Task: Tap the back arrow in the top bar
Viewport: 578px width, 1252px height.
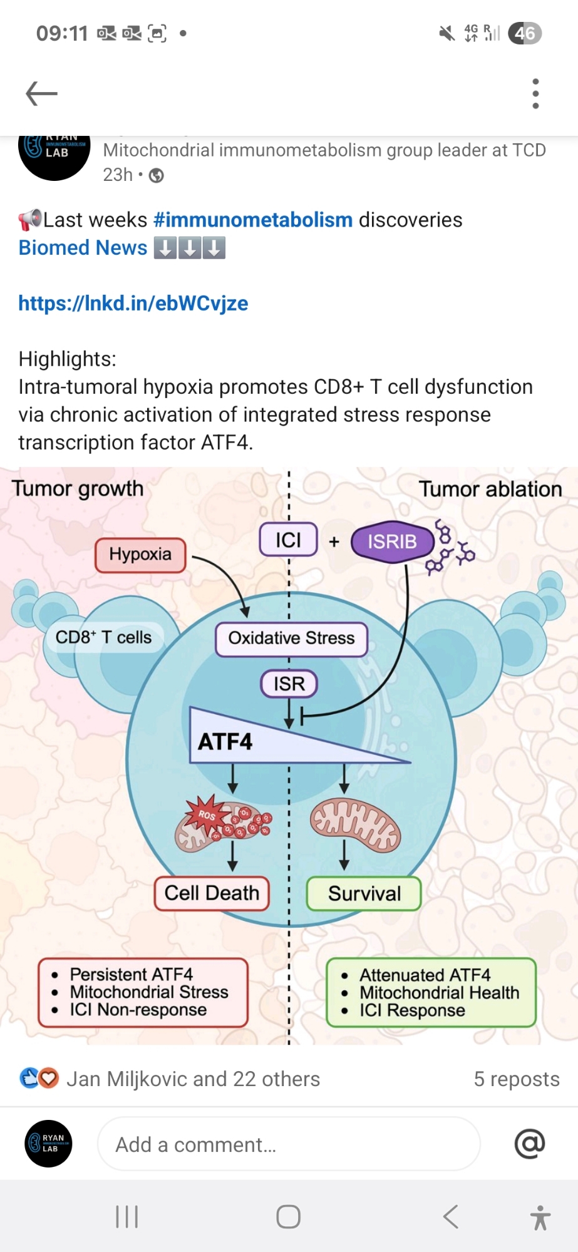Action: tap(41, 94)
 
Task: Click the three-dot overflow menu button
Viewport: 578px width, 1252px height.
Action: tap(535, 94)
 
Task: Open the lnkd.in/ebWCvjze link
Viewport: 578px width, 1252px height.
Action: tap(133, 304)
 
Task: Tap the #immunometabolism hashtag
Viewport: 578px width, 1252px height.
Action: tap(253, 220)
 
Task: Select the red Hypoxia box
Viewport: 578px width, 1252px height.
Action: tap(140, 555)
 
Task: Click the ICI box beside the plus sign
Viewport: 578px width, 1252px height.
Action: tap(288, 540)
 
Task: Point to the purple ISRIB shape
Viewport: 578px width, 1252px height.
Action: tap(392, 541)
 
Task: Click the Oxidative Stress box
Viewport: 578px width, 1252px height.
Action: tap(291, 639)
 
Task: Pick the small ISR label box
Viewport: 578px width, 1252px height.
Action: tap(289, 684)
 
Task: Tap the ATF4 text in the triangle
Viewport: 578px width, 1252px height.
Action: tap(225, 742)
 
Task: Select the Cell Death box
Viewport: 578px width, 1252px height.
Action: tap(212, 893)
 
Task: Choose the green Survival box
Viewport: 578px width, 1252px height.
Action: tap(364, 894)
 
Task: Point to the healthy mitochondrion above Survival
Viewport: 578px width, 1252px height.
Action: tap(356, 824)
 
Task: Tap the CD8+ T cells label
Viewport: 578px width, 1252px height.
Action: tap(104, 637)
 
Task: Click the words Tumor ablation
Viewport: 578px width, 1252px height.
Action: tap(490, 489)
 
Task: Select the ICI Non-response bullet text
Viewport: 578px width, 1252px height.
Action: tap(138, 1010)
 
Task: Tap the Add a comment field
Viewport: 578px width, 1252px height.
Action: tap(288, 1144)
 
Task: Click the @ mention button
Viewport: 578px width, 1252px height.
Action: tap(530, 1144)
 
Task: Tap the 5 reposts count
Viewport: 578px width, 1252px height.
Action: tap(516, 1079)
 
